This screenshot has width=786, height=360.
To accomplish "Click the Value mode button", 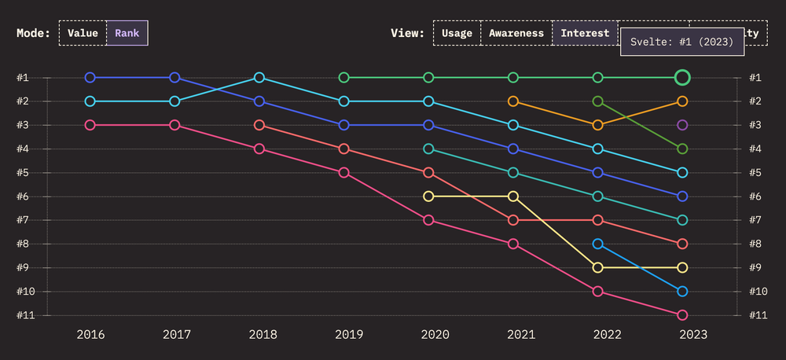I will point(83,33).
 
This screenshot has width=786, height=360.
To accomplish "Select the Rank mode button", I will point(127,33).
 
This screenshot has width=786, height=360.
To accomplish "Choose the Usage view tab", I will point(457,33).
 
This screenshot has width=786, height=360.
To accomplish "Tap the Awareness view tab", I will point(516,33).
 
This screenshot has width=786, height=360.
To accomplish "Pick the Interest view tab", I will point(585,33).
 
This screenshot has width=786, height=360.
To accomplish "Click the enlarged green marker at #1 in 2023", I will point(682,77).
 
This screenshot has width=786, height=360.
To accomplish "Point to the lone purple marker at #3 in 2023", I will point(682,125).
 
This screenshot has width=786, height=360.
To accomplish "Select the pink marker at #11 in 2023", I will point(682,315).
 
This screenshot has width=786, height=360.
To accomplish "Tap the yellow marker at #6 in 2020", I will point(428,197).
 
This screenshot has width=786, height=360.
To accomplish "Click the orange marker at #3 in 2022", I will point(598,125).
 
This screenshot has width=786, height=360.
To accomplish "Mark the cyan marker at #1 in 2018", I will point(259,77).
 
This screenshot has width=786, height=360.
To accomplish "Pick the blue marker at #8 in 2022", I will point(598,244).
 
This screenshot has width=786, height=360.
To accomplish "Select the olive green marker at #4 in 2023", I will point(682,149).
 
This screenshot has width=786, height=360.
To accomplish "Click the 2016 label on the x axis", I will point(90,334).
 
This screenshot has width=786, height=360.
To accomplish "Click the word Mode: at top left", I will point(33,33).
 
